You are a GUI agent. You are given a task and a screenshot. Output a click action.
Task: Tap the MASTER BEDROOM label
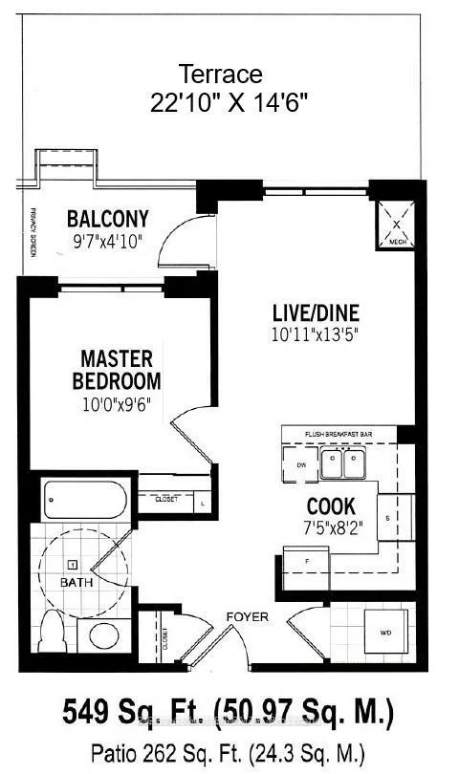[116, 370]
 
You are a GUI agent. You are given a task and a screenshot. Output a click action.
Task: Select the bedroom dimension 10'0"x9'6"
[116, 404]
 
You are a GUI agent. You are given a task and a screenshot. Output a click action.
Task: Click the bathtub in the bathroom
[84, 499]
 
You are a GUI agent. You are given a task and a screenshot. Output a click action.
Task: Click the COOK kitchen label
[331, 506]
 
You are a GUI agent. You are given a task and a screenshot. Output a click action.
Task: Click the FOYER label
[248, 617]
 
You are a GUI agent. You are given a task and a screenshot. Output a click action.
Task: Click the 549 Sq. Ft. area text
[229, 712]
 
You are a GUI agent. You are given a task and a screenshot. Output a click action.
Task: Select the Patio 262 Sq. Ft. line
[229, 751]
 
